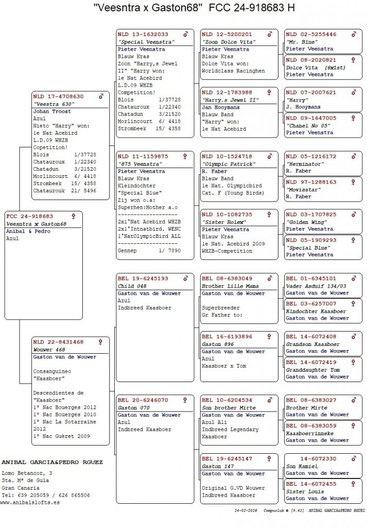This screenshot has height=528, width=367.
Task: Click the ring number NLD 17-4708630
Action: pos(58,96)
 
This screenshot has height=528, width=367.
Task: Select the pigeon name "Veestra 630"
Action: pos(51,104)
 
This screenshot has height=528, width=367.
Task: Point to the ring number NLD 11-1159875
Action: pos(143,156)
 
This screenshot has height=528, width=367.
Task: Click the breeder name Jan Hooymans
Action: pos(221,107)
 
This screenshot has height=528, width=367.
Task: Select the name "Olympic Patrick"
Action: pos(229,164)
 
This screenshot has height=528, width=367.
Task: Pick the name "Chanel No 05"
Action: pos(308,125)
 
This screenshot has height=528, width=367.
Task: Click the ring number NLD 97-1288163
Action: pos(311,182)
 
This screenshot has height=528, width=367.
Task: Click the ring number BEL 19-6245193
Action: pos(143,278)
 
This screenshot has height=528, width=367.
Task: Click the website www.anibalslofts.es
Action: pos(30,502)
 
